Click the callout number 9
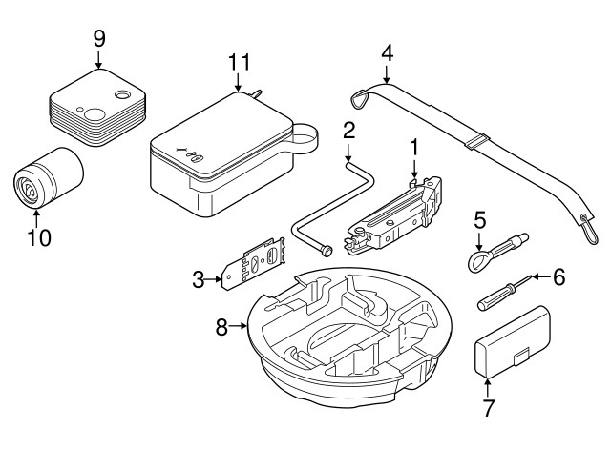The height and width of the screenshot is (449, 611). [x=99, y=40]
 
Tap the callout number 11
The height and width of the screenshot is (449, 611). [x=239, y=64]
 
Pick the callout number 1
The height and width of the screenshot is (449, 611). [x=413, y=147]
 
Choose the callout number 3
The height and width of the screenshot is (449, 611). [x=198, y=279]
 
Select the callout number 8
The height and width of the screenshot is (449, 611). [x=221, y=327]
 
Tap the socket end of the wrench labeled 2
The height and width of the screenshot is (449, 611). [x=327, y=252]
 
